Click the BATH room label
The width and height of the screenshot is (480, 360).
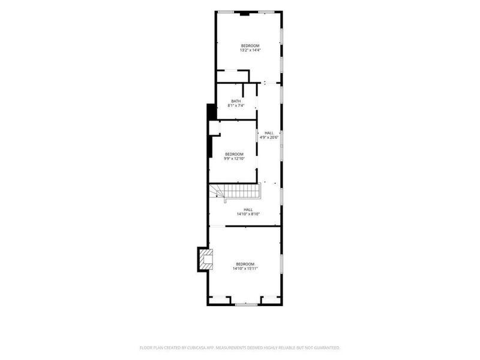tap(236, 101)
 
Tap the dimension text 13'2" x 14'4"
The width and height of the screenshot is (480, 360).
tap(250, 50)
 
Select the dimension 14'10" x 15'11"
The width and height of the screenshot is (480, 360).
tap(245, 268)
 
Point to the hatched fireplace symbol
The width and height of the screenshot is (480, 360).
tap(206, 259)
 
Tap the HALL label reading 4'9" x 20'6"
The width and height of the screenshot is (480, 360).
tap(269, 133)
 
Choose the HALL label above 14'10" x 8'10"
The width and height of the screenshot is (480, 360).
tap(248, 209)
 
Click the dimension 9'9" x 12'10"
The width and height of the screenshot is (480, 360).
tap(234, 158)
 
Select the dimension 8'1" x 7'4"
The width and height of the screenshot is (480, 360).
tap(236, 106)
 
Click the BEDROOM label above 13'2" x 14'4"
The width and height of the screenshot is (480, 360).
tap(250, 46)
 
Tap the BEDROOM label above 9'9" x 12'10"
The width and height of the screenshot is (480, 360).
tap(234, 154)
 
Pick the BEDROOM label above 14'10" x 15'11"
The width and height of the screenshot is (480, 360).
tap(245, 264)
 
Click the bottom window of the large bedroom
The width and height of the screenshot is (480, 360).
tap(246, 305)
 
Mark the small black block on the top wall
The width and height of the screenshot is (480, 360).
tap(244, 13)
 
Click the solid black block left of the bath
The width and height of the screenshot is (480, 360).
tap(211, 112)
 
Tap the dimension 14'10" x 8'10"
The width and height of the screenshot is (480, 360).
tap(248, 214)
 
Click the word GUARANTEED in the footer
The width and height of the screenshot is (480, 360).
tap(327, 348)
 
